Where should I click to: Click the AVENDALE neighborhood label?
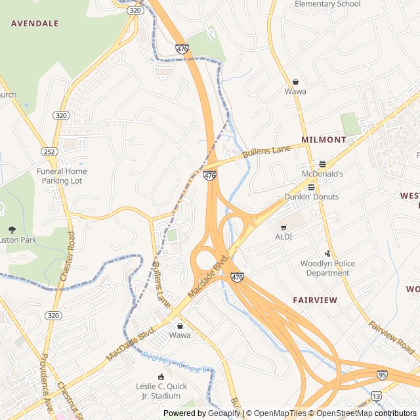pos(35,23)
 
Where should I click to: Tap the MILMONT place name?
pos(324,140)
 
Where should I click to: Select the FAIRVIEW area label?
pos(315,300)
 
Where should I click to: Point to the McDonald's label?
pos(322,174)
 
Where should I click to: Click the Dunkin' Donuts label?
pos(311,197)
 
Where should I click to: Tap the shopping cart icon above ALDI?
pos(283,227)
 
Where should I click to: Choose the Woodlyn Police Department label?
pos(327,268)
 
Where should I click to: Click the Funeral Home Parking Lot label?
pos(62,176)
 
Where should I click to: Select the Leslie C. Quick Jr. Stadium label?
pos(161,391)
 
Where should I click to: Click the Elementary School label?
pos(327,4)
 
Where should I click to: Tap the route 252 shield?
pos(49,152)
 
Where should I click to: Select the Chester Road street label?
pos(67,256)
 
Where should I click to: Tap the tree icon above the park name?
pos(12,229)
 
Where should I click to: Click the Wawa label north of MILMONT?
pos(295,91)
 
